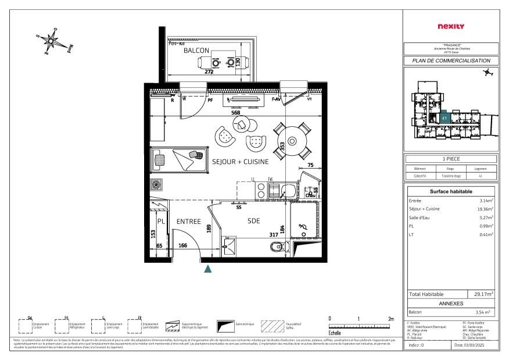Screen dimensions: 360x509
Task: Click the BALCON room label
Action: (x=196, y=51)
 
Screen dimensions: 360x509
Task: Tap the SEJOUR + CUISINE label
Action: (x=240, y=161)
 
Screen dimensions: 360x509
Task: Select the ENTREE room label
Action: (x=188, y=222)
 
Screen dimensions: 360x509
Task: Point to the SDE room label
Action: (x=253, y=221)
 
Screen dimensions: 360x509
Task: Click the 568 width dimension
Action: (x=236, y=113)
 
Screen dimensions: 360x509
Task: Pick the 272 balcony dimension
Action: (x=209, y=73)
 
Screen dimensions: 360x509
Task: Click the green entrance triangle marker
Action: (x=207, y=268)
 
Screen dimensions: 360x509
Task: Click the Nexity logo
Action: (x=450, y=26)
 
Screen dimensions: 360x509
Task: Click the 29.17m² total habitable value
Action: (x=483, y=294)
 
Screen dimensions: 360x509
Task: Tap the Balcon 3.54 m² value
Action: (x=483, y=312)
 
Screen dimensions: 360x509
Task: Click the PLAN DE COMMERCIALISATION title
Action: (x=451, y=61)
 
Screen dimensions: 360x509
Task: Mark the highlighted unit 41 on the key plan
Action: (x=444, y=117)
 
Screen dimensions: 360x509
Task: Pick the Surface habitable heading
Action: (x=451, y=191)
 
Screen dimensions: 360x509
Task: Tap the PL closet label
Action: (x=162, y=222)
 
